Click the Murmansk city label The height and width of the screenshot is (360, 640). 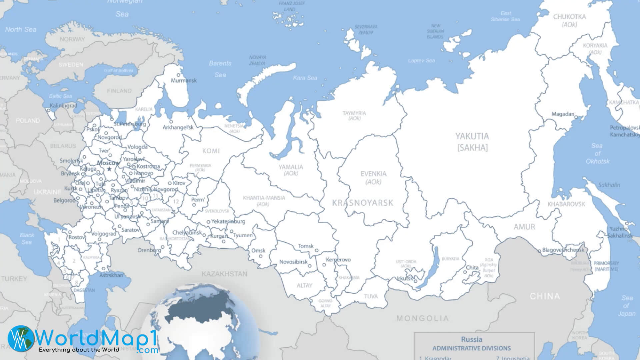pos(184,80)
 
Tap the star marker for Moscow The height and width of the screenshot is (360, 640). pos(109,169)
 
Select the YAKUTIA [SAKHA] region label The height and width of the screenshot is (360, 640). pos(472,142)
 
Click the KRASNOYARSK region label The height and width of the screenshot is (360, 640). pos(363,203)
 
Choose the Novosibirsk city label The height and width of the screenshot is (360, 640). pos(293,262)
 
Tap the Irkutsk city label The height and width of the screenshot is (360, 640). pos(405,278)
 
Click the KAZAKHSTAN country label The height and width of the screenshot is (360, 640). pos(224,274)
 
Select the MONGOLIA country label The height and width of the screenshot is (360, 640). pos(422,318)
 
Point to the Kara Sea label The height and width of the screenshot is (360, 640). pos(305,78)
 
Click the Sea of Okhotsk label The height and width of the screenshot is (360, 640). pos(597,153)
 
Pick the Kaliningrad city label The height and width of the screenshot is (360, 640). pos(63,106)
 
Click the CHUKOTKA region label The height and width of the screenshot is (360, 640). pos(569,17)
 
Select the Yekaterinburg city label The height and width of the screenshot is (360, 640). pos(228,221)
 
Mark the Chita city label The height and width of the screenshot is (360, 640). pos(472,267)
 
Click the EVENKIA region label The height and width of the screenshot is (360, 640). pos(373,174)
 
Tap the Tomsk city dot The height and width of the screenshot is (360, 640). pos(317,250)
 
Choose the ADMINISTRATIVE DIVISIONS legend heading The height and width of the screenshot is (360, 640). pos(471,348)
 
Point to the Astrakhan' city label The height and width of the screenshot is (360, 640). pos(111,275)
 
